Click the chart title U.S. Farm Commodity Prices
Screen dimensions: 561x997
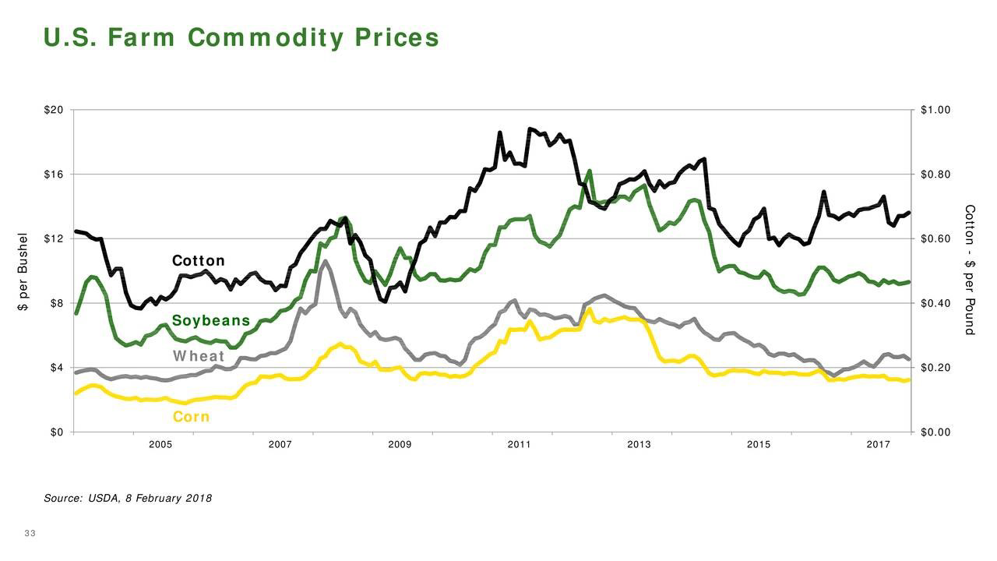pos(241,38)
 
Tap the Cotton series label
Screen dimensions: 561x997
pos(198,260)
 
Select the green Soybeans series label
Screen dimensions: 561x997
pos(211,321)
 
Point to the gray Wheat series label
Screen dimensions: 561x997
pos(199,357)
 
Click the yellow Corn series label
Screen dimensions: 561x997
pos(191,417)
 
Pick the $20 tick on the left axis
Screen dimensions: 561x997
pos(54,110)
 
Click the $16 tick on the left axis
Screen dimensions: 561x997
pos(54,175)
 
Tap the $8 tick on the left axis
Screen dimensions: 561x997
pos(56,303)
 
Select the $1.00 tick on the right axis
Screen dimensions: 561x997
pos(935,110)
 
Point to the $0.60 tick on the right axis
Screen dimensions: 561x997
pos(935,238)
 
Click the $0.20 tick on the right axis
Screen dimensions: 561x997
pos(935,367)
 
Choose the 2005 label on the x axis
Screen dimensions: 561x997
pos(160,444)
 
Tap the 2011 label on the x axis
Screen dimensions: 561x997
pos(519,444)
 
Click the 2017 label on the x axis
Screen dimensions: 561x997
pos(878,444)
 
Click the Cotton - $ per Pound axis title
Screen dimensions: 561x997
pos(970,270)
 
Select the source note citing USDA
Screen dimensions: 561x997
pos(128,498)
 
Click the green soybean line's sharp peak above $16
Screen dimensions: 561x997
pos(590,171)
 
